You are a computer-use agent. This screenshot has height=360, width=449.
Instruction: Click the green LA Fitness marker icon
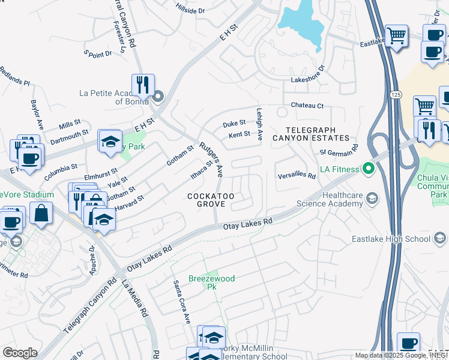pyautogui.click(x=367, y=170)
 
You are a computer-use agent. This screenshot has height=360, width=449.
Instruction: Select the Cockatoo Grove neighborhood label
pyautogui.click(x=206, y=200)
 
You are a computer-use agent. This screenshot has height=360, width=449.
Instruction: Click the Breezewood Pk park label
pyautogui.click(x=211, y=283)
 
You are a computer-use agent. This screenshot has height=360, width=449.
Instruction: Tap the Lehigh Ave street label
pyautogui.click(x=260, y=128)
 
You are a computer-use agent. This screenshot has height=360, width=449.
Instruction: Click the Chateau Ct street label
pyautogui.click(x=307, y=106)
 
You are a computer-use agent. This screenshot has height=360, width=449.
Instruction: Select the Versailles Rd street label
pyautogui.click(x=296, y=176)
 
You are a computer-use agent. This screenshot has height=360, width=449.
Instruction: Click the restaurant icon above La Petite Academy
pyautogui.click(x=143, y=85)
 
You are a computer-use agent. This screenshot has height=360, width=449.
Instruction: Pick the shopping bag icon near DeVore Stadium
pyautogui.click(x=41, y=215)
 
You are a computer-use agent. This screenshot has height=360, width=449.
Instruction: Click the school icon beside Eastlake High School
pyautogui.click(x=439, y=239)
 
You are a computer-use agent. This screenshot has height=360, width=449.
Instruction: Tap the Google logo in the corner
pyautogui.click(x=20, y=353)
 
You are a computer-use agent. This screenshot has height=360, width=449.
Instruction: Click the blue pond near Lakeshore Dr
pyautogui.click(x=300, y=21)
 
